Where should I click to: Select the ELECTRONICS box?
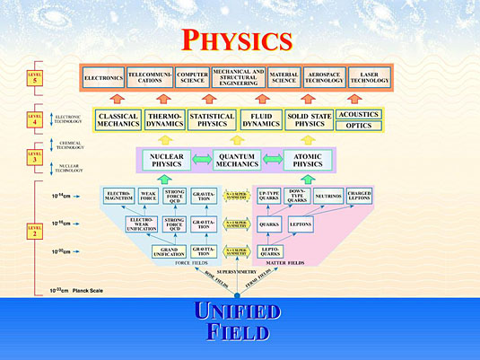click(103, 78)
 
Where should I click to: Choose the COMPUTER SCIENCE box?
click(193, 78)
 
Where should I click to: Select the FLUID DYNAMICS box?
click(261, 120)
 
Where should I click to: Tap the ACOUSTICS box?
click(358, 114)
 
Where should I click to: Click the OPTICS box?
click(358, 127)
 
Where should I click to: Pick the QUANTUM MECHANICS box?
click(238, 161)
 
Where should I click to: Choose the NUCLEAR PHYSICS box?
click(167, 161)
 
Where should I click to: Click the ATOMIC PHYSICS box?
click(308, 161)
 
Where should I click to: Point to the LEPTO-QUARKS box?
click(270, 252)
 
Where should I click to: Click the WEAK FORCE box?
click(148, 195)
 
